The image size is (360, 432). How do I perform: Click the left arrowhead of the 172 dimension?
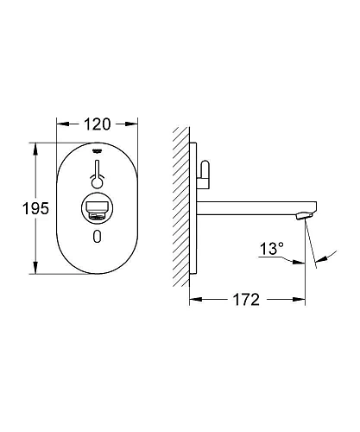(x=193, y=301)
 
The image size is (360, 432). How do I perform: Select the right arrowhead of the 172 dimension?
(x=301, y=301)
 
